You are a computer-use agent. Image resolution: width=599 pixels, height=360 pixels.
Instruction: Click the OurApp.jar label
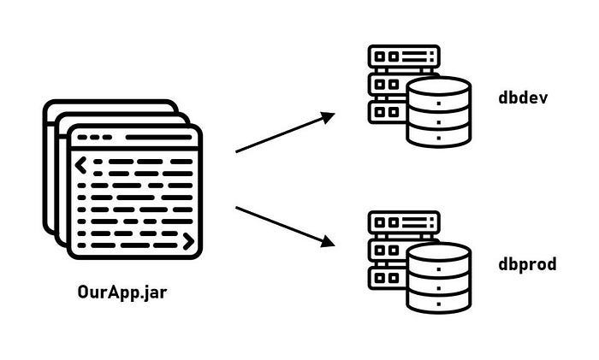click(122, 297)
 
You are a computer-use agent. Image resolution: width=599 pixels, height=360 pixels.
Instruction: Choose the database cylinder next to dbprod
click(439, 278)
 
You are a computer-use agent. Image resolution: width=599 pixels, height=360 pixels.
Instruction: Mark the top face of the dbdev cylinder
click(439, 87)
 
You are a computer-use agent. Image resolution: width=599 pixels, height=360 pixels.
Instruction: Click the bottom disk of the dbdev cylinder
click(439, 135)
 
